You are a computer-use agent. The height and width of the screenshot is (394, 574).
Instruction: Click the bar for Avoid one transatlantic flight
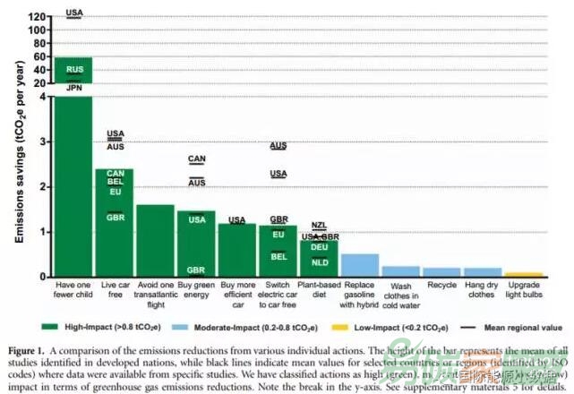point(155,241)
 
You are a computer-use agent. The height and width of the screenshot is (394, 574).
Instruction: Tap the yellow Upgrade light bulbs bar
point(523,274)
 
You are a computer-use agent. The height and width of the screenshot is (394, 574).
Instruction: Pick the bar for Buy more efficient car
point(236,250)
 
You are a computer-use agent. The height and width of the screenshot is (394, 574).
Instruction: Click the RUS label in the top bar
point(74,69)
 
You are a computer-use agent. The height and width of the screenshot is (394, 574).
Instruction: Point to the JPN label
point(74,88)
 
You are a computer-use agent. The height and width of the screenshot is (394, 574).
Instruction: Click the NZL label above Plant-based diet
point(320,225)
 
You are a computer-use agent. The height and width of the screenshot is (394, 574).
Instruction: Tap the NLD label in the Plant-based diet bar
point(320,262)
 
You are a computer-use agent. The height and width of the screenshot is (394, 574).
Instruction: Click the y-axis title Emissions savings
point(18,161)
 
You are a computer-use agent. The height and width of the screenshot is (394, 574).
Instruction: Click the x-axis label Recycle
point(441,287)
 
